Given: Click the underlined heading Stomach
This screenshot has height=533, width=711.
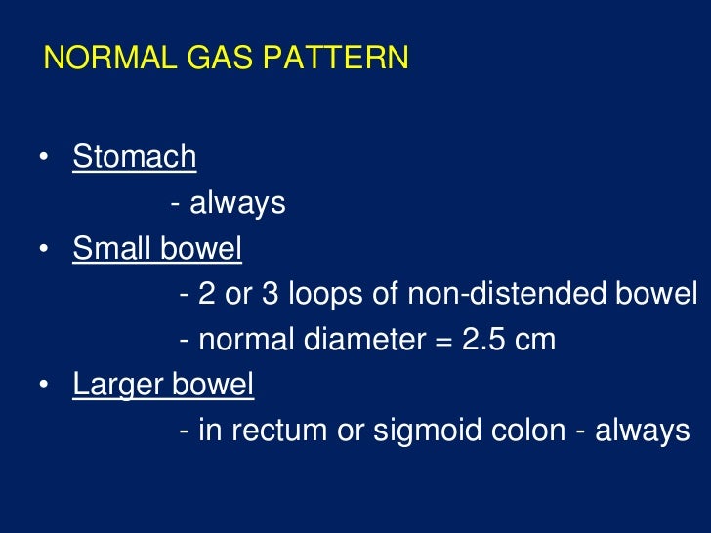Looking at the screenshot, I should (135, 156).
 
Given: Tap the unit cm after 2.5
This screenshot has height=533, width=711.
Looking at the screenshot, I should (537, 340).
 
